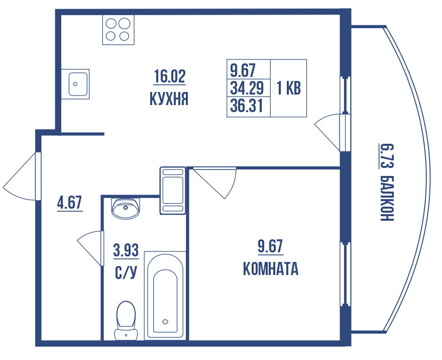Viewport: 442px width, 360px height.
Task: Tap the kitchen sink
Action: pos(78,84)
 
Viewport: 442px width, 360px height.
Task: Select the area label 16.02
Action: pos(170,76)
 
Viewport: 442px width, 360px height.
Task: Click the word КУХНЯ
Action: pos(169,99)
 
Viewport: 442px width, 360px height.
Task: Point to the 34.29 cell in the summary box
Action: pos(247,88)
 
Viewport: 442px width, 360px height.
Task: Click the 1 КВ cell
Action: pos(288,88)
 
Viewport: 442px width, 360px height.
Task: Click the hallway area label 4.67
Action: pos(70,204)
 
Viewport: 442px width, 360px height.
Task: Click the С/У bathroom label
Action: pos(126,273)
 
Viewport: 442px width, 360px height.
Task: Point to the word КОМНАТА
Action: pos(270,269)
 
